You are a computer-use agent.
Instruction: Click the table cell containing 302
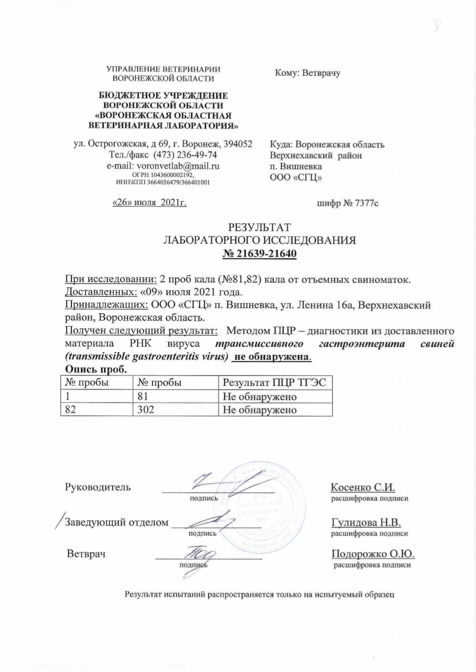(x=145, y=410)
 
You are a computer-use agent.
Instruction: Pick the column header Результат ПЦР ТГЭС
(x=275, y=382)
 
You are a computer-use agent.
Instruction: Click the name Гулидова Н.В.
(x=366, y=522)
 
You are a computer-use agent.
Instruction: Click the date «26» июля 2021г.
(x=149, y=203)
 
